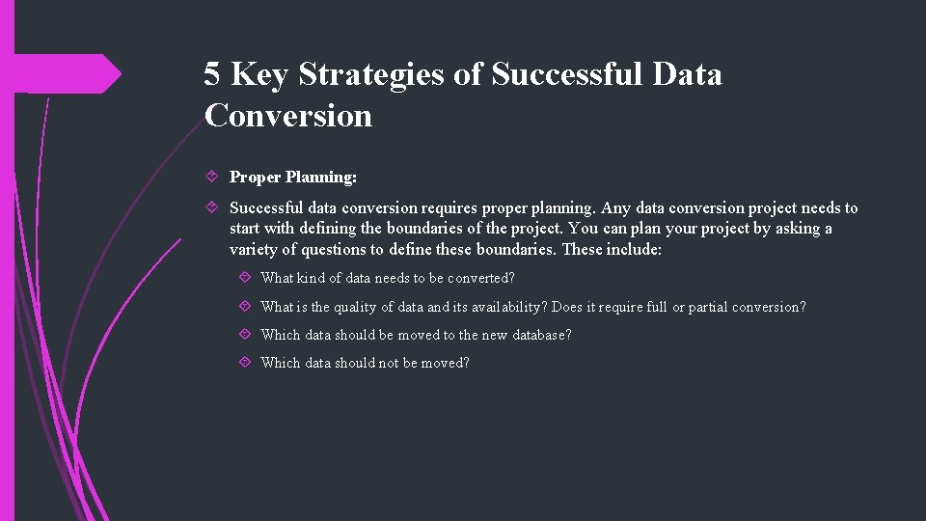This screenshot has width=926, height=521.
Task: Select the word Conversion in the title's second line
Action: click(x=287, y=116)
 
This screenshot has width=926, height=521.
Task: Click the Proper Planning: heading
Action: click(x=293, y=178)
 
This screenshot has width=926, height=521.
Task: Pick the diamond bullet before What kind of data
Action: click(x=245, y=278)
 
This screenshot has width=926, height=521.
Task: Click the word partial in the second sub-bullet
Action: click(x=708, y=307)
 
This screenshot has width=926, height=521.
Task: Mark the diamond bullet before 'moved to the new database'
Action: click(x=245, y=335)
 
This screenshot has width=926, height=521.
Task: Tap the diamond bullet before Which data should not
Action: click(x=245, y=363)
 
